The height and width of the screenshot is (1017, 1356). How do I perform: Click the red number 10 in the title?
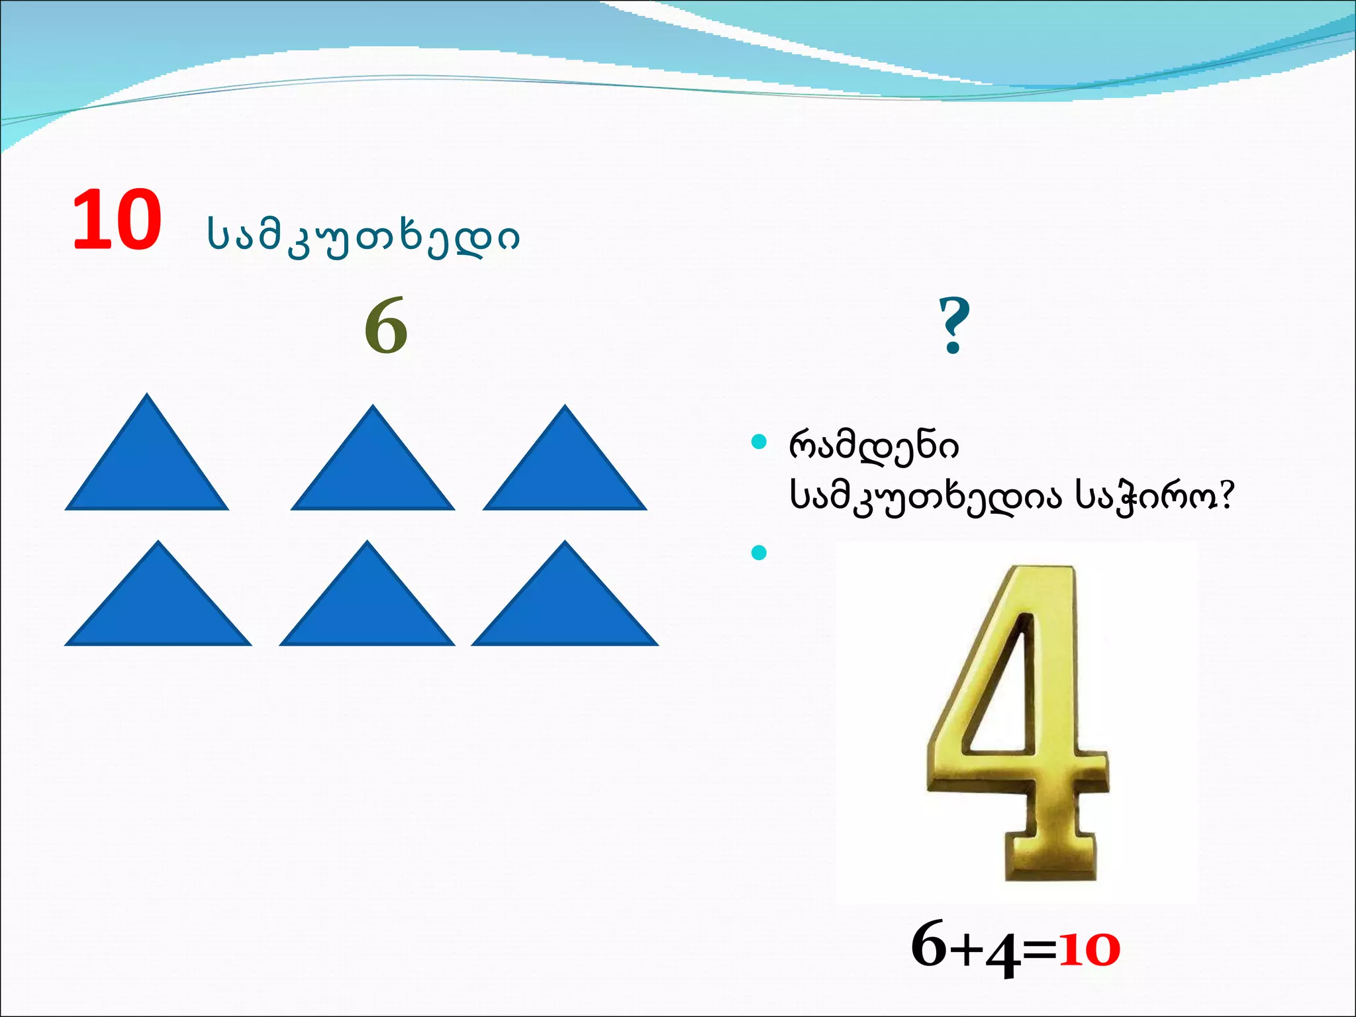point(117,220)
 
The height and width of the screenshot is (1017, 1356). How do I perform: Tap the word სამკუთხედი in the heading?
point(363,236)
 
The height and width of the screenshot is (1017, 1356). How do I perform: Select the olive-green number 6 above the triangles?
point(386,326)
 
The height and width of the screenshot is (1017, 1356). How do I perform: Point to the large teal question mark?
point(954,325)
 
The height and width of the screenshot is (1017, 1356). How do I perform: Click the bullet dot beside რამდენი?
point(759,442)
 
